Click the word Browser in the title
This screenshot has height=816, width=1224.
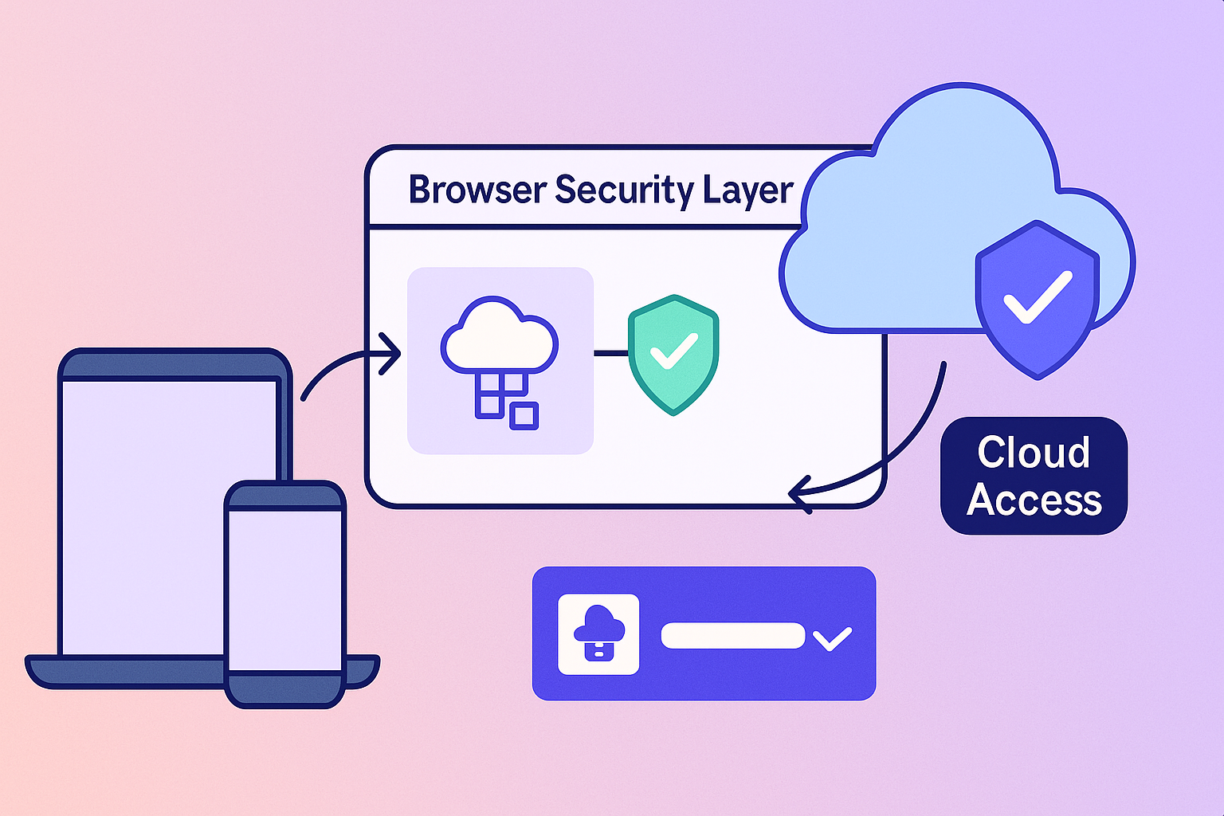[477, 190]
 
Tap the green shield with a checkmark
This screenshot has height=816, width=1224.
[673, 355]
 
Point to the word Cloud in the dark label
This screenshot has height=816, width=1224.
[1034, 453]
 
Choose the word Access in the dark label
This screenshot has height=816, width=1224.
[1034, 500]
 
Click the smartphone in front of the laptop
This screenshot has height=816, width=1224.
[285, 590]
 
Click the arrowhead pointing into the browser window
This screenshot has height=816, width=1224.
[391, 353]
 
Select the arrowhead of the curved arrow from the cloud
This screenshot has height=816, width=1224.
[797, 494]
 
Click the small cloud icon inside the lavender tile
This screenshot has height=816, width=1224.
[500, 335]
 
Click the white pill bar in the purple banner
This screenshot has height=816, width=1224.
[732, 635]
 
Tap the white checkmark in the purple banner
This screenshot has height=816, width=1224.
[832, 637]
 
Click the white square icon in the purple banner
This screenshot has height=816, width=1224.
[598, 634]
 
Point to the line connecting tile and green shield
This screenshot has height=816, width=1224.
[610, 353]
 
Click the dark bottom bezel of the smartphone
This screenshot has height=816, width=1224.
[285, 689]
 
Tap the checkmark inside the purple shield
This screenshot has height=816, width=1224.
[1038, 296]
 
